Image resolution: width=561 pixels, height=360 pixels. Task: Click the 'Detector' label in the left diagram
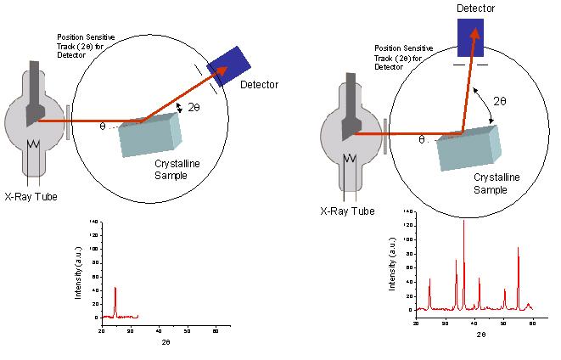pyautogui.click(x=259, y=85)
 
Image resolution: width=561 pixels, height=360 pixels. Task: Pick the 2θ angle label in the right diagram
pyautogui.click(x=499, y=101)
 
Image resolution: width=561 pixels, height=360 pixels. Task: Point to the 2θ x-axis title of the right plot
pyautogui.click(x=480, y=335)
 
